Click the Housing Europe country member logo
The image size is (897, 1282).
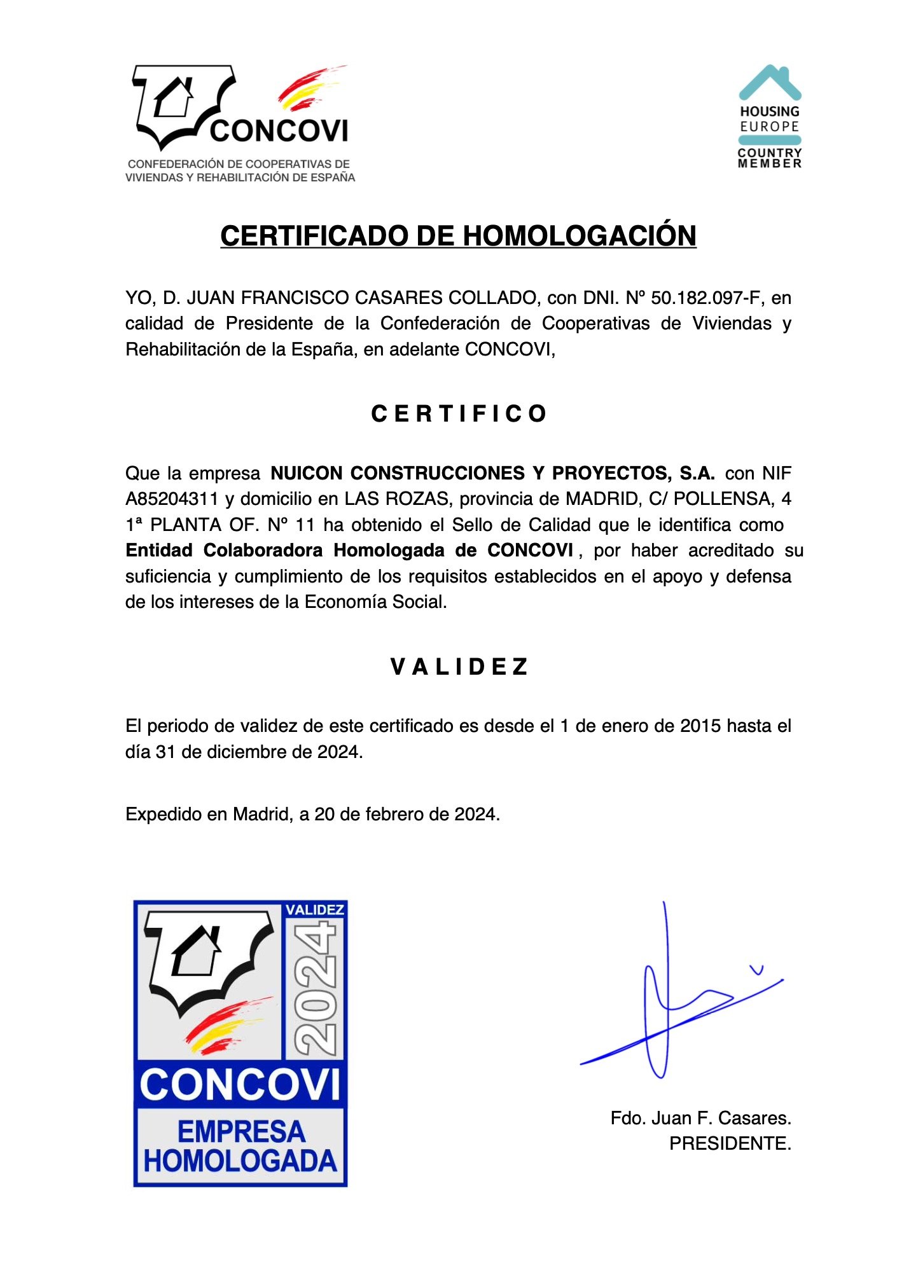pyautogui.click(x=769, y=117)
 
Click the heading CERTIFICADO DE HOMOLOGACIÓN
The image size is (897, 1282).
pyautogui.click(x=458, y=236)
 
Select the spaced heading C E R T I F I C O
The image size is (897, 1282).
pyautogui.click(x=459, y=414)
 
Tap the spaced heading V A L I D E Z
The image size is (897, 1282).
pyautogui.click(x=459, y=667)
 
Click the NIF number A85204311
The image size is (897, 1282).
pyautogui.click(x=172, y=499)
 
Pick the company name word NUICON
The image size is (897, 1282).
pyautogui.click(x=307, y=473)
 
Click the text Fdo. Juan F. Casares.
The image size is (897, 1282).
pyautogui.click(x=700, y=1118)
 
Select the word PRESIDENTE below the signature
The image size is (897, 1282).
pyautogui.click(x=730, y=1144)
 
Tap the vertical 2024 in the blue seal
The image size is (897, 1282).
pyautogui.click(x=316, y=989)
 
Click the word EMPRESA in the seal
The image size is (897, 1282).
pyautogui.click(x=241, y=1132)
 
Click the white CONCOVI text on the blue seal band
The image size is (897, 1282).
pyautogui.click(x=240, y=1085)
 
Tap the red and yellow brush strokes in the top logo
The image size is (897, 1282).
pyautogui.click(x=309, y=89)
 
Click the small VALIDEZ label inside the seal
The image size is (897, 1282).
pyautogui.click(x=315, y=910)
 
